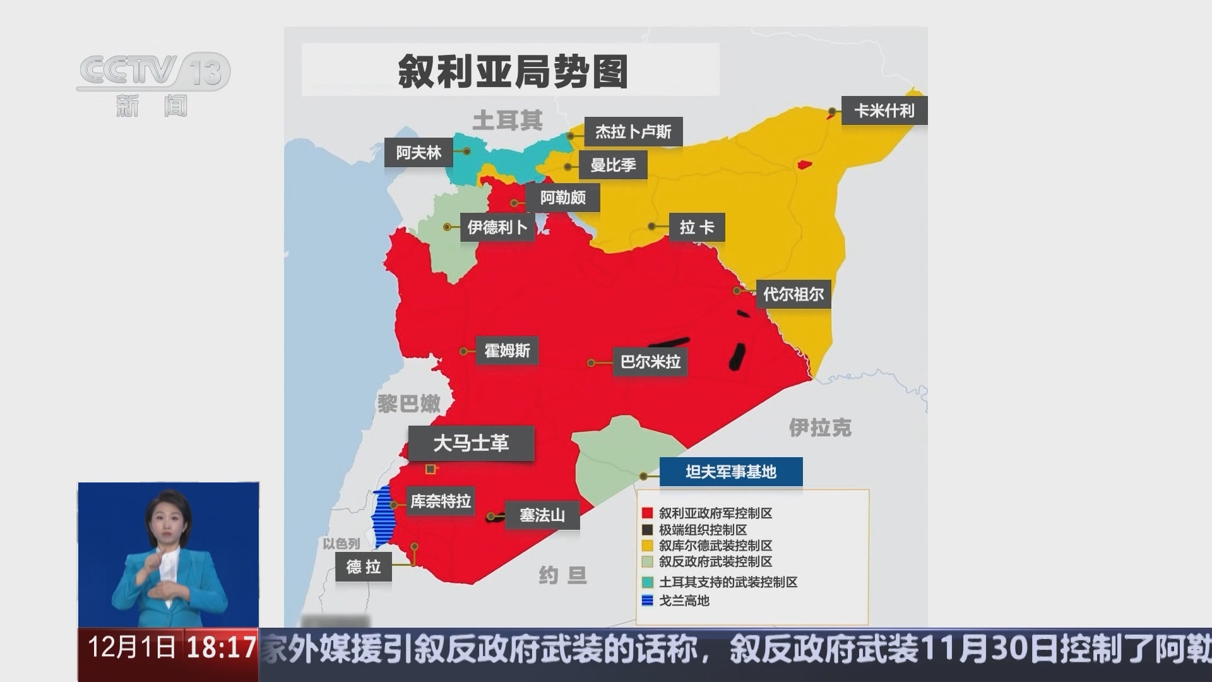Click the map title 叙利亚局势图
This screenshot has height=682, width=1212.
click(512, 71)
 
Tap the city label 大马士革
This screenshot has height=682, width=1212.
click(471, 443)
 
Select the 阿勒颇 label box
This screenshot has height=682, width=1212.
click(562, 198)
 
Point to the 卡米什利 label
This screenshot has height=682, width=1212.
click(884, 111)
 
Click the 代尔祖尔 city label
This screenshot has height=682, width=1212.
click(793, 294)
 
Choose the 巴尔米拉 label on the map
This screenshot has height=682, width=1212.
click(650, 362)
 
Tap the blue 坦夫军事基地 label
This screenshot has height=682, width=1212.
click(730, 472)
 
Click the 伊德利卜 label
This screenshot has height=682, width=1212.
click(497, 227)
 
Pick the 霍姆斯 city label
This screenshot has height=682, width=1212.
click(507, 350)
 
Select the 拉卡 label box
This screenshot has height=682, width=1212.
click(696, 227)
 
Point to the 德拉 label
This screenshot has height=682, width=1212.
click(363, 566)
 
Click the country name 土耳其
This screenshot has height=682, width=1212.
click(508, 120)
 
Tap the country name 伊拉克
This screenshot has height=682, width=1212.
click(820, 428)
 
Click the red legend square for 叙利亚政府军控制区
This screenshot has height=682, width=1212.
click(647, 513)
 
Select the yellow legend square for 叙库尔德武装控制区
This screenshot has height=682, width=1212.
click(647, 546)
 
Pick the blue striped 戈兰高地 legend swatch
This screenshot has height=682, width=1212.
click(647, 601)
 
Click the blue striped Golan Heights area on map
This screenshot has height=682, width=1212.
click(382, 518)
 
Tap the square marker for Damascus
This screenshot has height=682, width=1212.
click(431, 469)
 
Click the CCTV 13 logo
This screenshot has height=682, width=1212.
click(153, 71)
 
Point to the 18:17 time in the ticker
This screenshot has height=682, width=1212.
click(221, 648)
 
